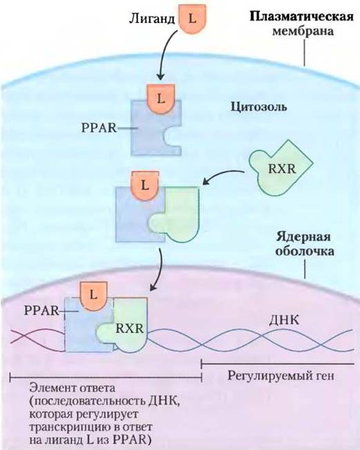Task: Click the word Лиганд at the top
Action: point(152,19)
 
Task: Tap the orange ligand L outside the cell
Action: point(192,19)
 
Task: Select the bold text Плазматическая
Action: point(301,17)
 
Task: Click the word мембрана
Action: point(303,30)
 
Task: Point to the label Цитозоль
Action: point(258,107)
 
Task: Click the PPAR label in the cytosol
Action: point(100,128)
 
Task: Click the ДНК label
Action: point(284,320)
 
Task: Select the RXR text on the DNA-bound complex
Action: point(129,328)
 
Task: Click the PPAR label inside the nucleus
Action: point(41,310)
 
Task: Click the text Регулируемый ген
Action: point(281,375)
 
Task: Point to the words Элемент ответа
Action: point(73,388)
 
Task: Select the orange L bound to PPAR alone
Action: point(160,99)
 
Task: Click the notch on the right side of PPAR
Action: point(171,138)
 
